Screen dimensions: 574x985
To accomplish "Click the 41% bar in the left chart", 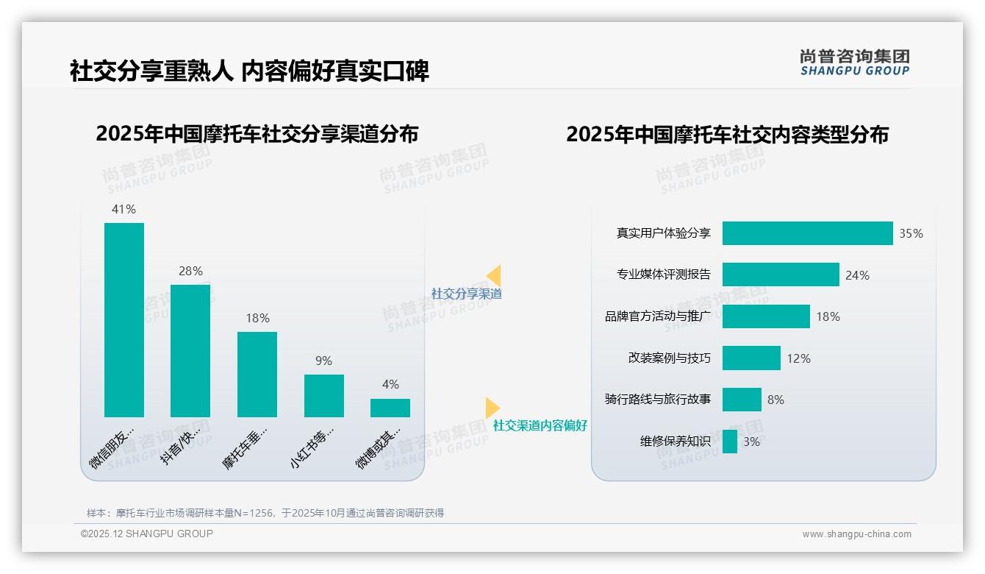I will pos(124,319).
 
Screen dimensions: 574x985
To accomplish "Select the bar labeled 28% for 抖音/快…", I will pos(190,350).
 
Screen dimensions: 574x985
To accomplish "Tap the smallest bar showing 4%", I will pos(390,408).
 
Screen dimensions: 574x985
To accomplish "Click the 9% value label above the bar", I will pos(323,361).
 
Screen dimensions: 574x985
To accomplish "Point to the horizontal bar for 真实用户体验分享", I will pos(807,233).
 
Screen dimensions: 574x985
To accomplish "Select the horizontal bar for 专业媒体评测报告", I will pos(781,274).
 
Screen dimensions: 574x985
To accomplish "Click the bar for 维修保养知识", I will pos(730,442).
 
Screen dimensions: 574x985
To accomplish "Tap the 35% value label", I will pos(911,233).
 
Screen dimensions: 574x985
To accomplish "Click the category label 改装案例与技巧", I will pos(669,358).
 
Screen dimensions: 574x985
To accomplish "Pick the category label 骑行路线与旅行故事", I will pos(657,400).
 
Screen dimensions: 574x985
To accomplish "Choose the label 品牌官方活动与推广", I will pos(657,316).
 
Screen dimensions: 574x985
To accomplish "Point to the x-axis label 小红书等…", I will pos(312,446).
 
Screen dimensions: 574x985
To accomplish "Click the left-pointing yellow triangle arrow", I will pos(494,275).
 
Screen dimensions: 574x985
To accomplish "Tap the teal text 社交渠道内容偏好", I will pos(540,425).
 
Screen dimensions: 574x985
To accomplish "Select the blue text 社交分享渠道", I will pos(466,294).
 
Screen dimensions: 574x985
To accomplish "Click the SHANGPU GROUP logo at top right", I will pos(854,63).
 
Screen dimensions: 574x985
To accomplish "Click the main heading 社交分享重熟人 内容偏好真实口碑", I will pos(249,71).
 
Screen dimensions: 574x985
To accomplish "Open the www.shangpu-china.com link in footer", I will pos(856,534).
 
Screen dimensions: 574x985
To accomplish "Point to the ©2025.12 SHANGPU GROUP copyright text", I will pos(147,534).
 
